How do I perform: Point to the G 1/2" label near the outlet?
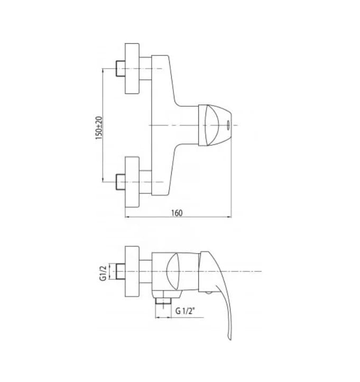[x=186, y=311]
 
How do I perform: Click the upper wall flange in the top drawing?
[x=132, y=68]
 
